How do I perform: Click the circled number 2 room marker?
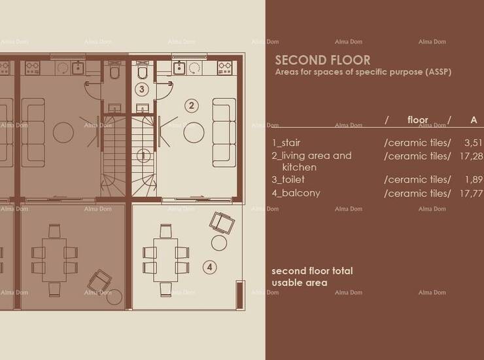(x=192, y=105)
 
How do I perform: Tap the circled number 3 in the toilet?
(x=142, y=89)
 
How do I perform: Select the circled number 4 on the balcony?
(x=209, y=267)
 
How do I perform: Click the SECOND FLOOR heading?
(x=322, y=60)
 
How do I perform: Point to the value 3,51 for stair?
(x=473, y=143)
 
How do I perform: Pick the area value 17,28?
(x=471, y=156)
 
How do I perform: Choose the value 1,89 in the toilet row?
(x=474, y=179)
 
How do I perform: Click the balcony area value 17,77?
(x=471, y=194)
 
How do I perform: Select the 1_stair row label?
(x=286, y=143)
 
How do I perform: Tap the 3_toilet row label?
(x=288, y=179)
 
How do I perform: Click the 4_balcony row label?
(x=296, y=193)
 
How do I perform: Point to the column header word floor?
(x=418, y=120)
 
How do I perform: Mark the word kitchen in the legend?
(x=300, y=167)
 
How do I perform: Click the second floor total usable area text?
(x=312, y=277)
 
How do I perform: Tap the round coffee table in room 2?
(x=194, y=133)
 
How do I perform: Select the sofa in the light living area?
(x=224, y=133)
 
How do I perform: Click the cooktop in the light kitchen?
(x=225, y=67)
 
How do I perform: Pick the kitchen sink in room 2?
(x=179, y=68)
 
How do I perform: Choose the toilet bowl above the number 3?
(x=143, y=71)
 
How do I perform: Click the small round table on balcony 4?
(x=219, y=243)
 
